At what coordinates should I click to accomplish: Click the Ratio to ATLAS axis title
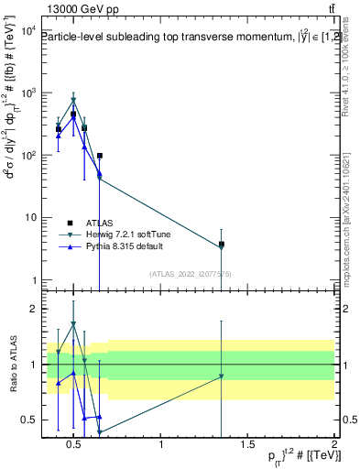pyautogui.click(x=11, y=365)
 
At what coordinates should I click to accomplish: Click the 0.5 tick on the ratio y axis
pyautogui.click(x=28, y=420)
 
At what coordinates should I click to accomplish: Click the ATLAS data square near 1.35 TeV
pyautogui.click(x=222, y=245)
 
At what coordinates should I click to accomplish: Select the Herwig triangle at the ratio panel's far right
pyautogui.click(x=222, y=376)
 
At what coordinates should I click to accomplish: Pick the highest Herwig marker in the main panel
pyautogui.click(x=73, y=101)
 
